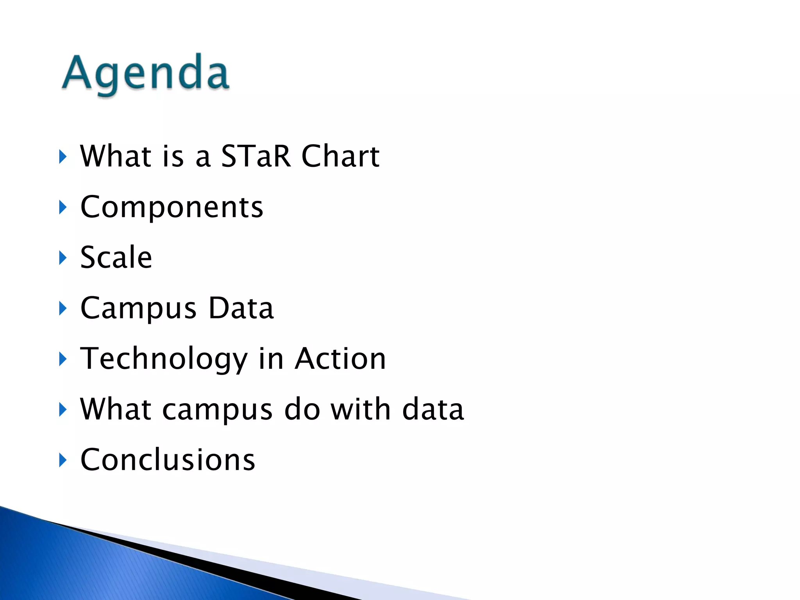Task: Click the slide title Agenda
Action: [145, 73]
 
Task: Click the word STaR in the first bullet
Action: [256, 156]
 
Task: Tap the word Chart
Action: [340, 156]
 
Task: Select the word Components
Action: [171, 207]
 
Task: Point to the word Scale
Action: [116, 257]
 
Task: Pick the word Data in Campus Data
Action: [241, 308]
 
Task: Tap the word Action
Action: [340, 359]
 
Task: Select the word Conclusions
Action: [168, 460]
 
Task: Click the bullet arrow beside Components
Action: [62, 207]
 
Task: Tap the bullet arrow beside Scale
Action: [62, 258]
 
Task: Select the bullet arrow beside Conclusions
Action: [62, 460]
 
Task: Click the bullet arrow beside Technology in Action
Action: [62, 359]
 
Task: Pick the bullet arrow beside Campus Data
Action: [62, 308]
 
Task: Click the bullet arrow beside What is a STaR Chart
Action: [62, 157]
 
